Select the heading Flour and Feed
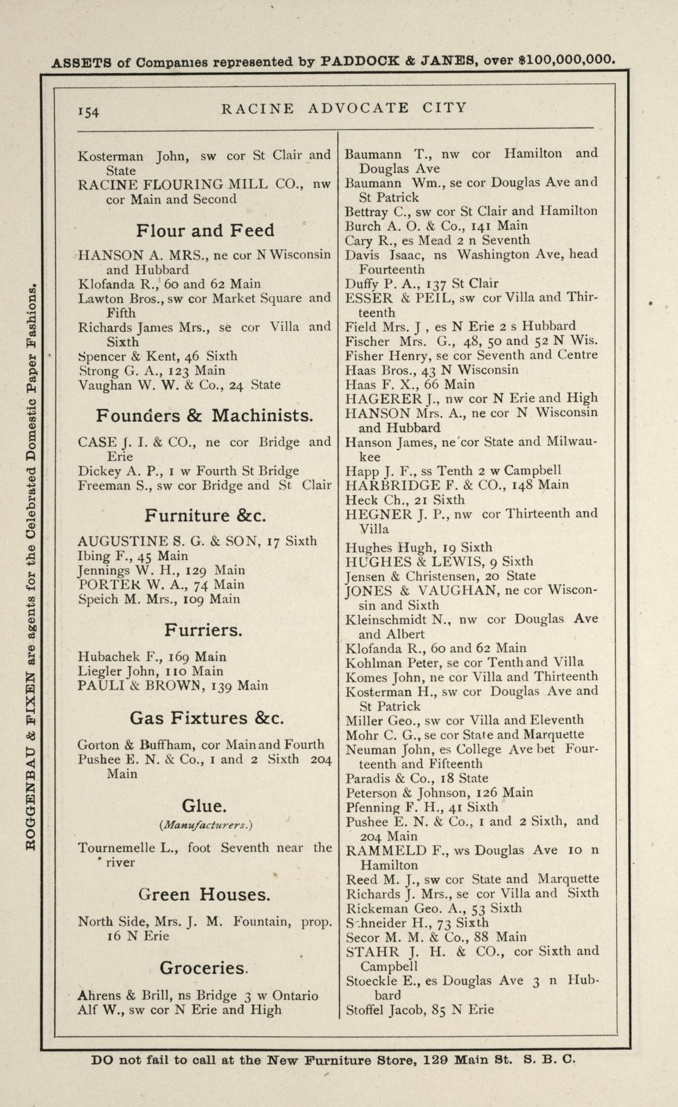click(x=205, y=231)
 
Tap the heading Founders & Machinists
click(x=204, y=416)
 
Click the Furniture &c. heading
click(x=205, y=516)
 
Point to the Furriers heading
click(x=203, y=630)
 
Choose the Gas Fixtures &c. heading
click(x=206, y=718)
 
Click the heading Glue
click(x=204, y=806)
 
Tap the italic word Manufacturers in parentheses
click(x=206, y=826)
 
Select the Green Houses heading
click(x=204, y=894)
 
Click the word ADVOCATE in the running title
click(x=358, y=108)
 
